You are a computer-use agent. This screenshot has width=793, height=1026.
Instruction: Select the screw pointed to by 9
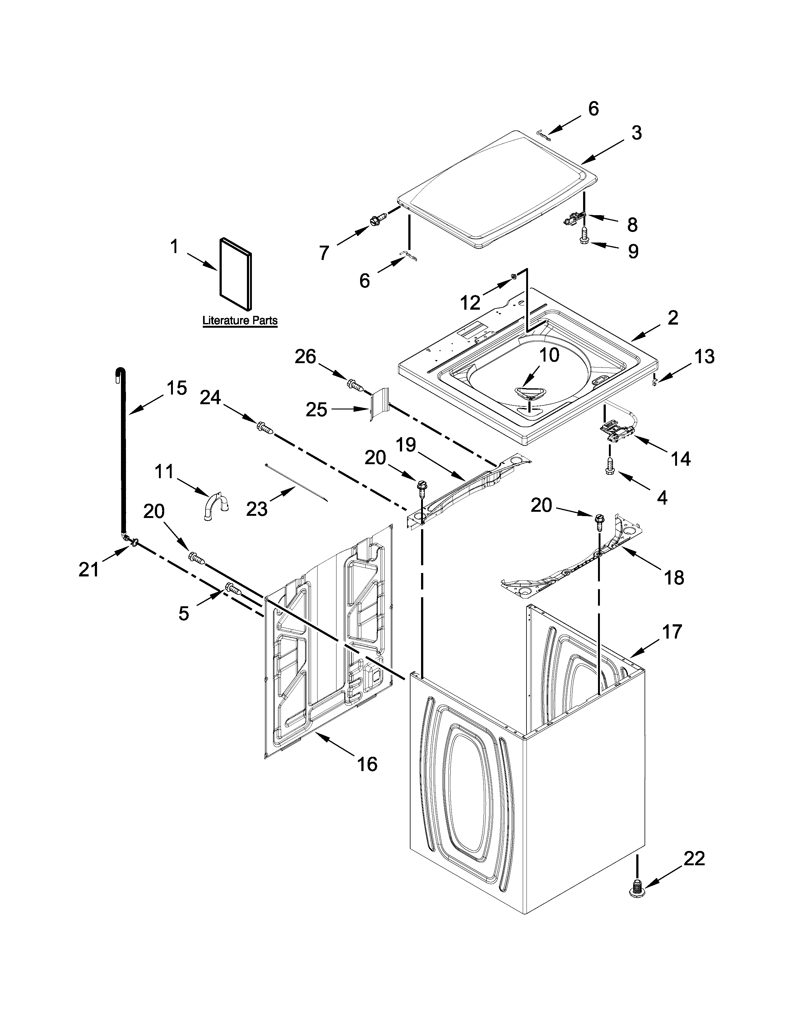[584, 234]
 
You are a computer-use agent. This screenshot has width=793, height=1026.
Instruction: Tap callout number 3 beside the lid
[636, 133]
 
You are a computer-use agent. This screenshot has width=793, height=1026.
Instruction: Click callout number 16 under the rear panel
[367, 764]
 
